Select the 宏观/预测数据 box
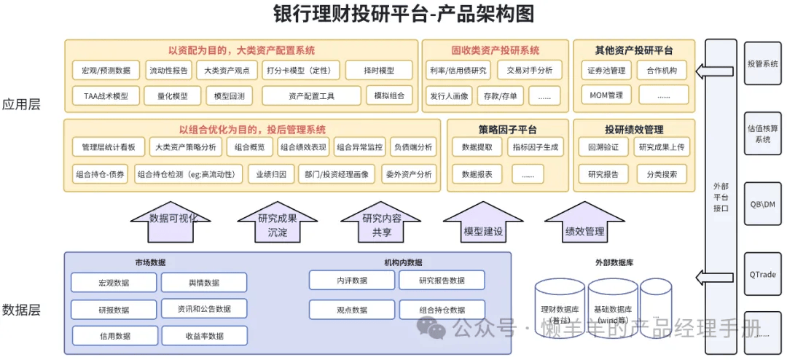[106, 71]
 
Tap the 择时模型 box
[379, 71]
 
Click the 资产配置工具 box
[311, 95]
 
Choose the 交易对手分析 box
[530, 71]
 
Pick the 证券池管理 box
[606, 71]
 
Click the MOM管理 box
[606, 95]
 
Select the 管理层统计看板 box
[109, 147]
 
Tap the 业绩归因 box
[271, 174]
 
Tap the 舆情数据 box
[204, 283]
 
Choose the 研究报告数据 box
[442, 281]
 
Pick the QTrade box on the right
[763, 275]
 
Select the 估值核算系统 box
[763, 133]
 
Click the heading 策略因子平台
[507, 130]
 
